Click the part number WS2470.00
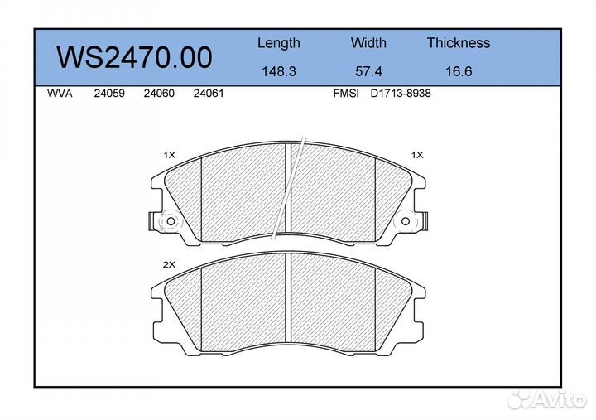click(134, 57)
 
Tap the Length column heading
click(279, 43)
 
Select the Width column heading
click(368, 42)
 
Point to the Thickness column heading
click(459, 42)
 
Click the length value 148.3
click(279, 71)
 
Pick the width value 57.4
click(368, 71)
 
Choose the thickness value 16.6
click(459, 71)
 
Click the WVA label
click(60, 94)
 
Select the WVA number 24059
click(109, 94)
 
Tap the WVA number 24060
click(159, 94)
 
